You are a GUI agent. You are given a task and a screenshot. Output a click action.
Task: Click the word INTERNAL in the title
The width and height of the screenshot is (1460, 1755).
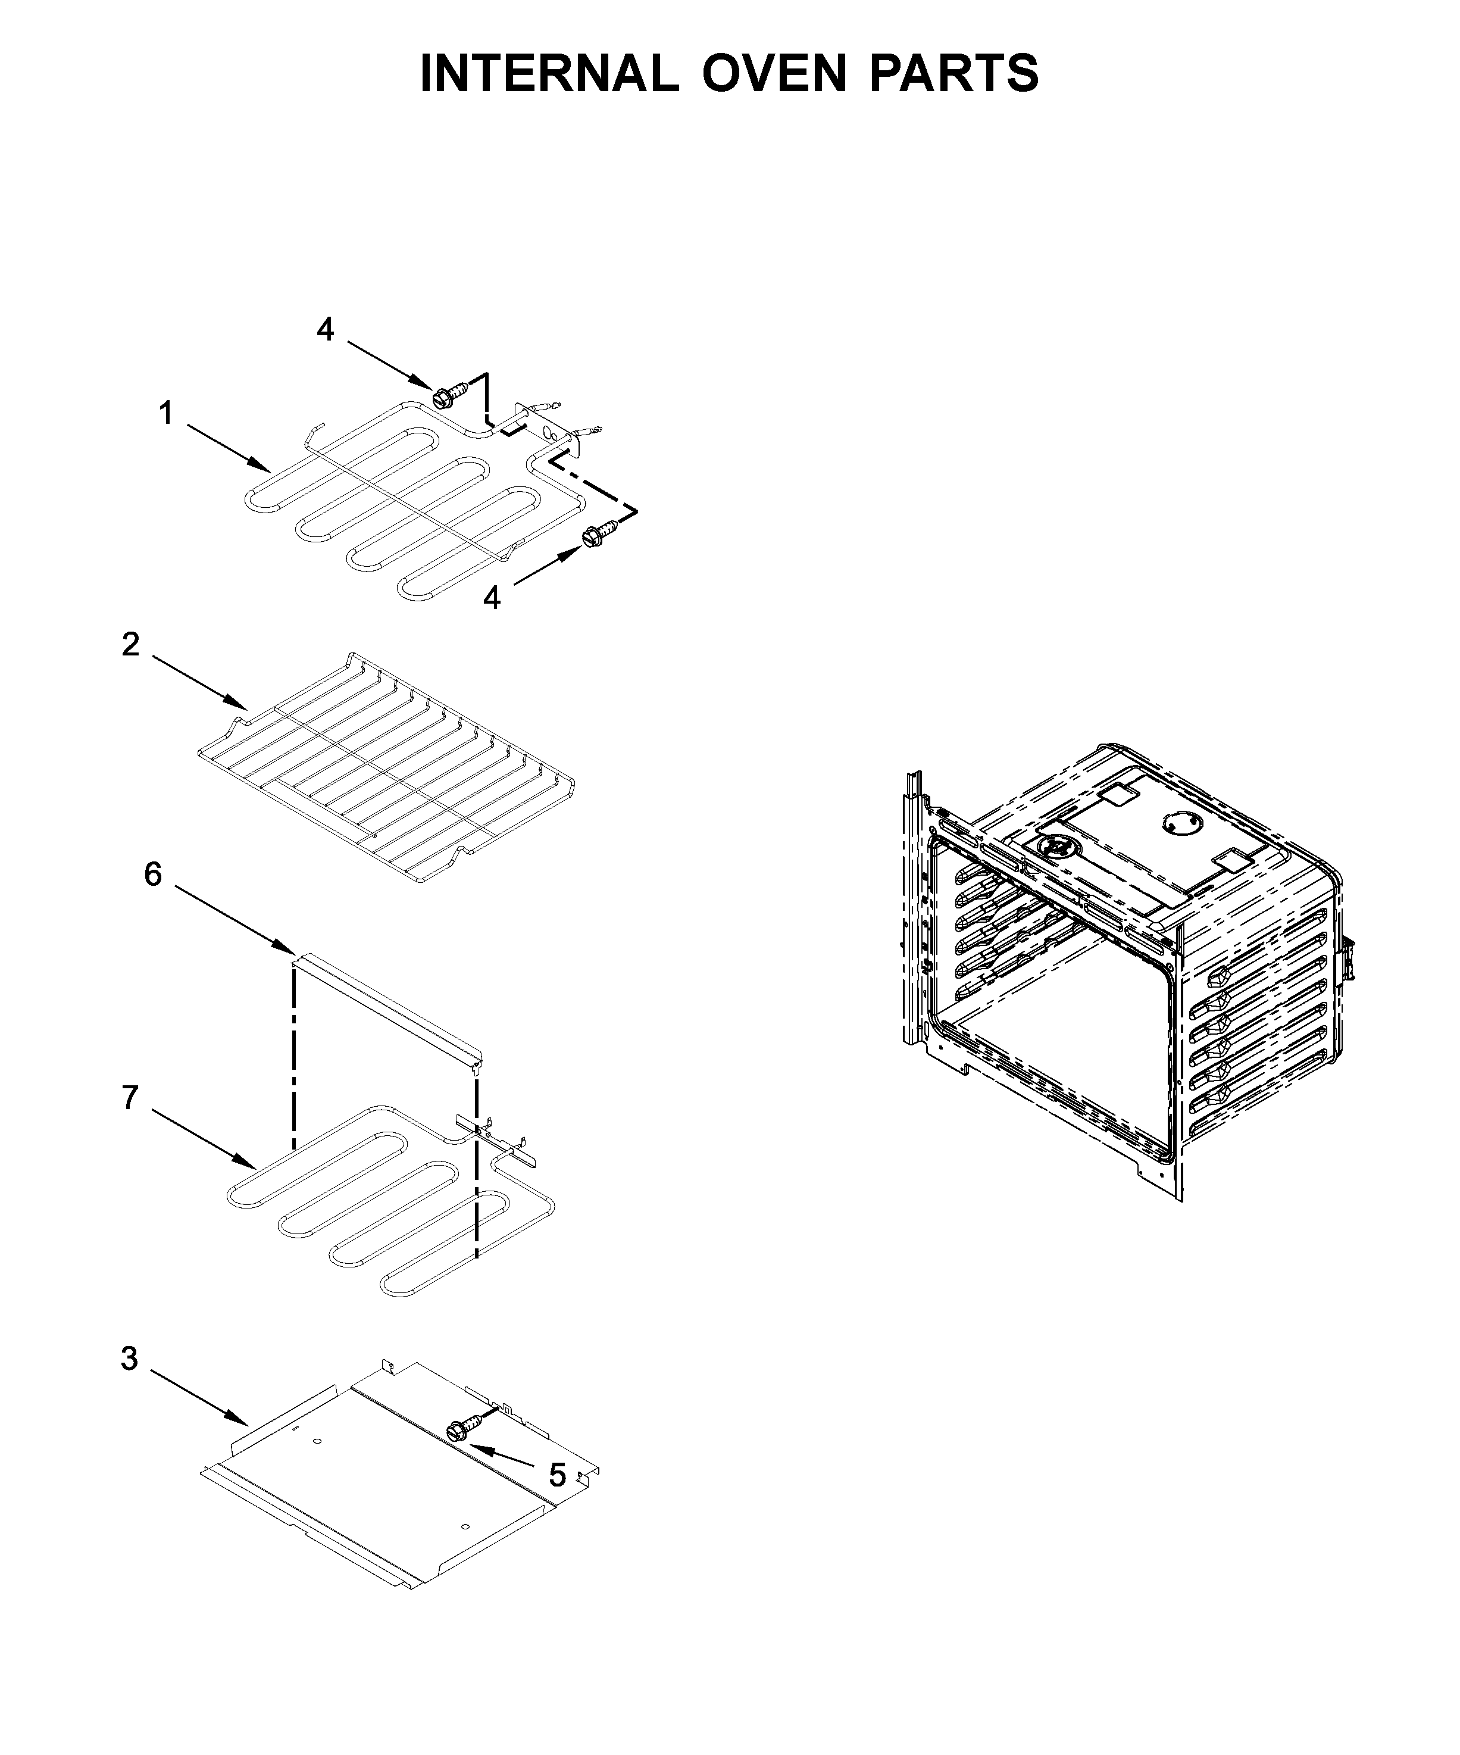click(x=548, y=74)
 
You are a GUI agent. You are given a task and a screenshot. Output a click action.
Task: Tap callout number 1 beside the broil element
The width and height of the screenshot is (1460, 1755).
click(x=166, y=413)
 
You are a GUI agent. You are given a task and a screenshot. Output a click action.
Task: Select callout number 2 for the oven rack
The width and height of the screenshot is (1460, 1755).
click(x=130, y=644)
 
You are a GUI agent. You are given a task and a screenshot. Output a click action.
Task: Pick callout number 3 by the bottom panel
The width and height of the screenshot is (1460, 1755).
click(x=129, y=1359)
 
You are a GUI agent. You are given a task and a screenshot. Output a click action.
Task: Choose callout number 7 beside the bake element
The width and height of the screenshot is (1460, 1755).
click(x=130, y=1098)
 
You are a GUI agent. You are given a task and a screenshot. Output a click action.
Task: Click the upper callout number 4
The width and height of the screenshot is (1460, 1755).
click(x=325, y=330)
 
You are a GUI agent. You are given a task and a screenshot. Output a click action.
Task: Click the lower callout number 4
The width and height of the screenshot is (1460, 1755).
click(x=492, y=598)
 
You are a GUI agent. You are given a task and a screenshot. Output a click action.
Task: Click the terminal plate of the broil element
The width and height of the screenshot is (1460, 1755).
click(x=549, y=431)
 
